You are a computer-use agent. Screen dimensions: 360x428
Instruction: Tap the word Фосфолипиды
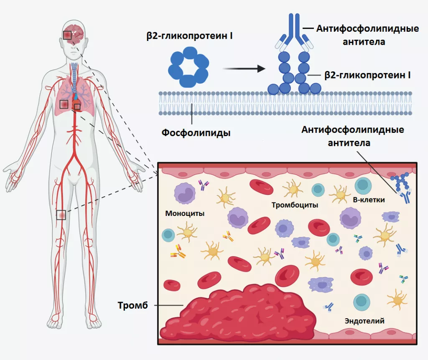tap(196, 133)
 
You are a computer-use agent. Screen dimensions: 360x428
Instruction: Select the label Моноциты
tap(185, 213)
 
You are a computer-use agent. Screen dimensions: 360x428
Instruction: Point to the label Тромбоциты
tap(295, 205)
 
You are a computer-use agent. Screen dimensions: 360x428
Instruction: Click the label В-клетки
tap(369, 200)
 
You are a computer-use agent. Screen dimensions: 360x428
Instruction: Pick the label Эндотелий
tap(364, 321)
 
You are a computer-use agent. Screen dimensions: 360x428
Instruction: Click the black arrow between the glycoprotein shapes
tap(244, 68)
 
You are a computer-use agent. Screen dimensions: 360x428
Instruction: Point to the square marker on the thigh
tap(61, 215)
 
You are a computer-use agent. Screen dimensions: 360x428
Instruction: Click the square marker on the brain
tap(67, 35)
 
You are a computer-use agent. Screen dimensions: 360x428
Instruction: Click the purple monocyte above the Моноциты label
tap(185, 193)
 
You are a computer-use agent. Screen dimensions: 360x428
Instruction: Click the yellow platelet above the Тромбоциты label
tap(293, 189)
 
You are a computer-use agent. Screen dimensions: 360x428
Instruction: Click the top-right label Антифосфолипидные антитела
tap(367, 35)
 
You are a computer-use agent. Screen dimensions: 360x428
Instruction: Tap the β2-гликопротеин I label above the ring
tap(189, 36)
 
